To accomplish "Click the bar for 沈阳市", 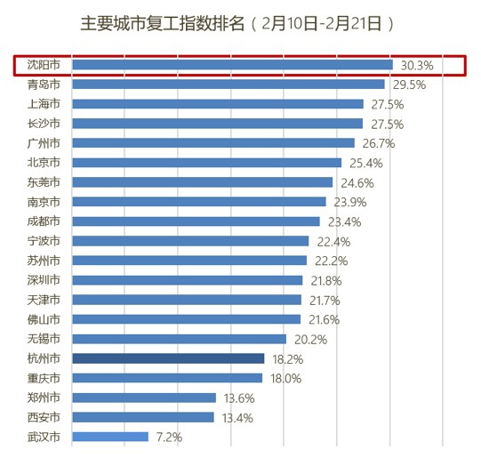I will [x=232, y=65].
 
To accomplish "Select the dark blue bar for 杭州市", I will [x=168, y=358].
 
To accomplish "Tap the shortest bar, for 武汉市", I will [x=110, y=437].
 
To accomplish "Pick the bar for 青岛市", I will [x=228, y=84].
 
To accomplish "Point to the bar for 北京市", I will [x=206, y=163].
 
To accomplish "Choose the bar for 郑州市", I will [x=144, y=398].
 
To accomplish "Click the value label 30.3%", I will [x=417, y=66].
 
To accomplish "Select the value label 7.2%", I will [x=169, y=438].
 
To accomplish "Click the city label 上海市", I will [x=44, y=104].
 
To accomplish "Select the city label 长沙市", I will [x=44, y=124].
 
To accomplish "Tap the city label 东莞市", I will [x=44, y=182].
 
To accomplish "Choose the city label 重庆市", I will [x=44, y=378].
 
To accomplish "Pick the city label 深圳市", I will [x=44, y=280].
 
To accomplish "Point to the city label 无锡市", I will [x=44, y=339].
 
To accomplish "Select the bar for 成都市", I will [x=196, y=221].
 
